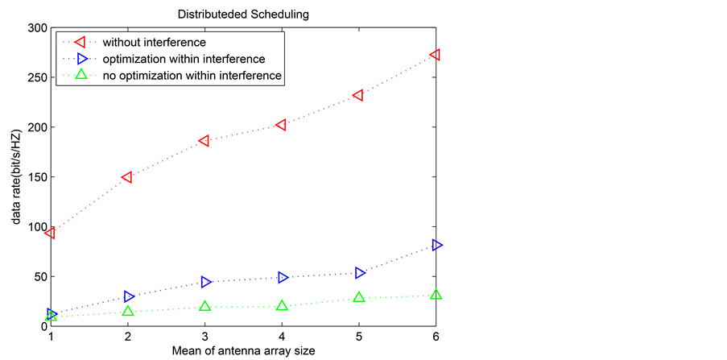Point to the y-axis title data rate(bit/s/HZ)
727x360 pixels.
pyautogui.click(x=15, y=177)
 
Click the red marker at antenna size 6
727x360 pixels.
pyautogui.click(x=436, y=55)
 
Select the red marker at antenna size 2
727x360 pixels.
pyautogui.click(x=127, y=177)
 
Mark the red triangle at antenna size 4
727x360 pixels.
pyautogui.click(x=282, y=125)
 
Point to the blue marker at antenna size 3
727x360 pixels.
pyautogui.click(x=206, y=282)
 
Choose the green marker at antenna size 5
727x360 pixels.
pyautogui.click(x=359, y=297)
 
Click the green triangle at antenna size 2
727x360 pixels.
pyautogui.click(x=128, y=311)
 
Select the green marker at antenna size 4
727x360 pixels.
pyautogui.click(x=282, y=305)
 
